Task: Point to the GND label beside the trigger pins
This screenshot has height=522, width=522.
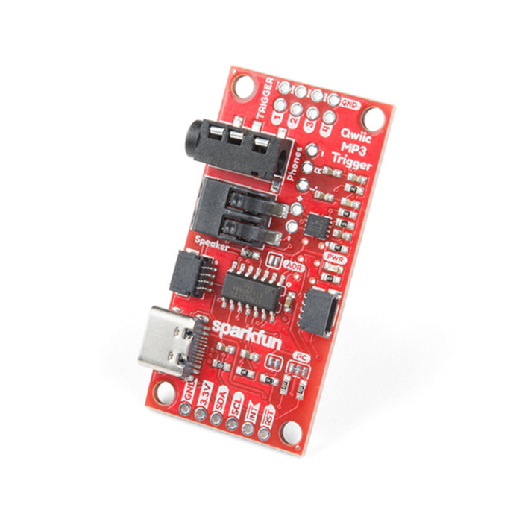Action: [x=348, y=105]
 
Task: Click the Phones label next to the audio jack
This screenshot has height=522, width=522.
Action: [x=292, y=165]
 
